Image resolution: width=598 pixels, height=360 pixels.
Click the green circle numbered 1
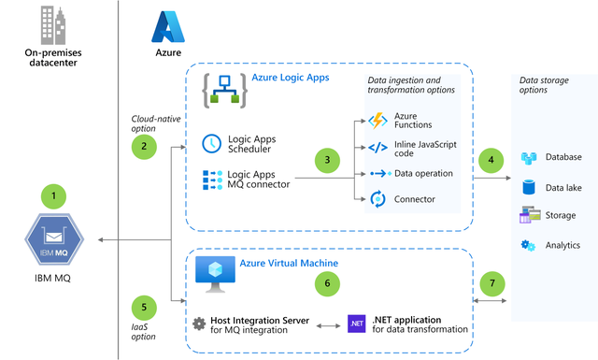[53, 196]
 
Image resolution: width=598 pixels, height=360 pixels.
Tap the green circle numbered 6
[325, 281]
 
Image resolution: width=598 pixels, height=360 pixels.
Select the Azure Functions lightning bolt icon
[377, 121]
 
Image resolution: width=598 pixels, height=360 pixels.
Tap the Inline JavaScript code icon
[377, 147]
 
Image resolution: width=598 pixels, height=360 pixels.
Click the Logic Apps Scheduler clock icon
[212, 143]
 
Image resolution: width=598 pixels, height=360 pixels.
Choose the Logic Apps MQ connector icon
[212, 178]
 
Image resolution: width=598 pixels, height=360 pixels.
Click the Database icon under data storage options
[529, 158]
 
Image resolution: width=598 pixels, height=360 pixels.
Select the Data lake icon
[529, 187]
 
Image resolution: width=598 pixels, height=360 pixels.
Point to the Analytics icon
[529, 245]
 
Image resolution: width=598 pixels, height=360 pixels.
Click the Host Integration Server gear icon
[199, 323]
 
